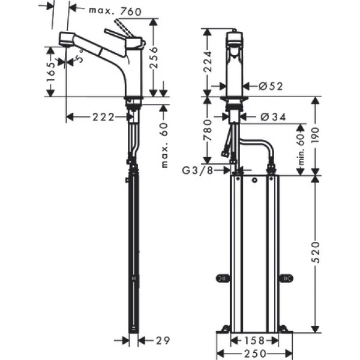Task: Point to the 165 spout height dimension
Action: point(51,73)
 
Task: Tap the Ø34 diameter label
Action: point(272,116)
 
